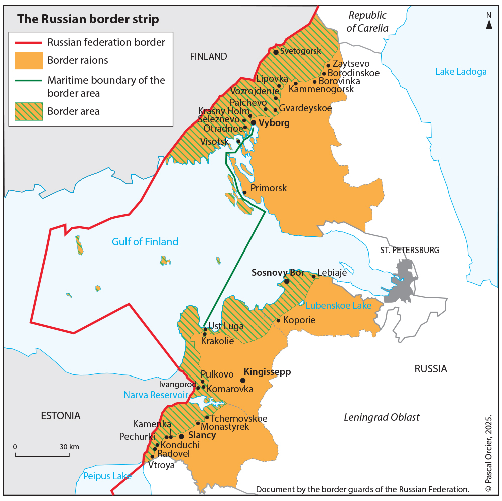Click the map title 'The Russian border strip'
coord(88,19)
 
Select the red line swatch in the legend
coord(28,42)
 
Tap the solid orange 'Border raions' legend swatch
coord(28,60)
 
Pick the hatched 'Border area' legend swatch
coord(28,111)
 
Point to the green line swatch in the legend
coord(28,80)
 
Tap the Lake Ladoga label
coord(461,71)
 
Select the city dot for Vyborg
coord(254,122)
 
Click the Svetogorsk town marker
coord(276,51)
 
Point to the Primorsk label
coord(268,188)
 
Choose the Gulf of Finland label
coord(145,242)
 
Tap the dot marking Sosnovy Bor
coord(287,282)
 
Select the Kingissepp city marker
coord(243,381)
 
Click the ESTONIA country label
coord(60,416)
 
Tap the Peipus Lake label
coord(107,476)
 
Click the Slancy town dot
coord(181,436)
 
